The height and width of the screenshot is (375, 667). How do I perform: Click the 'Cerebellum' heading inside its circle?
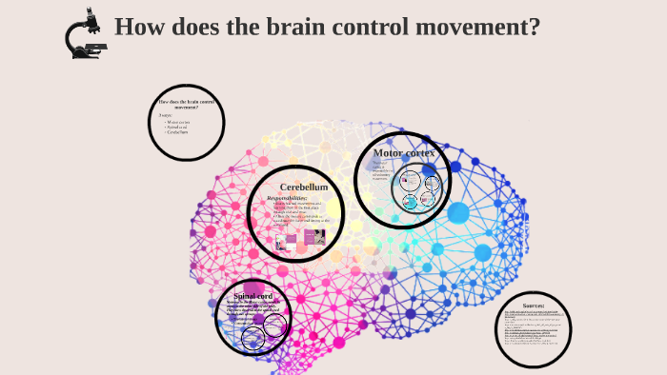[x=304, y=187]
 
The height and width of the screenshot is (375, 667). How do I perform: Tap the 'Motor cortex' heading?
[x=403, y=152]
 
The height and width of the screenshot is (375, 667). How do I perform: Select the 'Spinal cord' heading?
[x=253, y=296]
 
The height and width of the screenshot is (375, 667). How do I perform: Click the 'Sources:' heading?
[x=533, y=306]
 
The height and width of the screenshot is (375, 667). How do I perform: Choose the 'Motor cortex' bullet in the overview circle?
[x=177, y=122]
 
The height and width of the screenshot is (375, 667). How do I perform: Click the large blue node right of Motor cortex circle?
[x=458, y=212]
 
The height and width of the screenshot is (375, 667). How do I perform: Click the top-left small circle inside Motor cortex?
[x=412, y=179]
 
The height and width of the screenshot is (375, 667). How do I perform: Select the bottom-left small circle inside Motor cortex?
[x=410, y=201]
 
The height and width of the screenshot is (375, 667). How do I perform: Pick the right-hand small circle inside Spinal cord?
[x=273, y=327]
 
